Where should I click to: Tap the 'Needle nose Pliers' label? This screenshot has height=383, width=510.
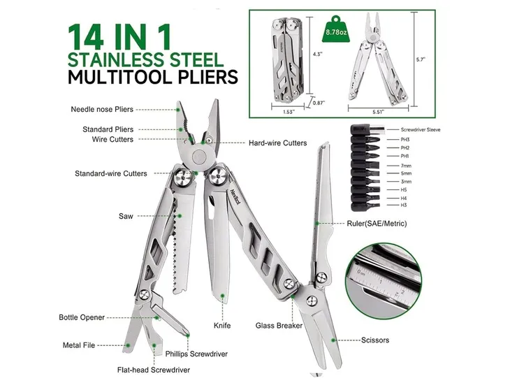coord(102,109)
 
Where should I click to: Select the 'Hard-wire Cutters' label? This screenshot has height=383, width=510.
coord(278,143)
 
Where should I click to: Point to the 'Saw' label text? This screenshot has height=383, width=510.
coord(126,216)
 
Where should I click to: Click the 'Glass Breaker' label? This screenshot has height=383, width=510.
coord(279,326)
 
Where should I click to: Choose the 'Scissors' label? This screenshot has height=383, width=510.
coord(375,340)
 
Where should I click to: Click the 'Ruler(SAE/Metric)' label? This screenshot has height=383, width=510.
coord(377,224)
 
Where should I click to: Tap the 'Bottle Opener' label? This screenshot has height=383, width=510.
coord(82,317)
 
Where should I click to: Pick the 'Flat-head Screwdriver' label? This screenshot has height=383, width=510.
coord(154,370)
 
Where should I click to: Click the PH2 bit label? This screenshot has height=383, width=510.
coord(405,147)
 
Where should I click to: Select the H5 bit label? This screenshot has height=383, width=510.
coord(403,189)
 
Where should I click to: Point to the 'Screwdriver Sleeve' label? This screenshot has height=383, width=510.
coord(421,129)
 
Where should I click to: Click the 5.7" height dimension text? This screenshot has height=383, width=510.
coord(421,59)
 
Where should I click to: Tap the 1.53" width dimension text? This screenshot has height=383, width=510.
coord(289,112)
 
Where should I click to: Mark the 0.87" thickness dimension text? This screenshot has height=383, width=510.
coord(319,103)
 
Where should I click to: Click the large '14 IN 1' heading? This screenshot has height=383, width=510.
coord(119,36)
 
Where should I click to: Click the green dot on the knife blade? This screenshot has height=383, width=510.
coord(222,296)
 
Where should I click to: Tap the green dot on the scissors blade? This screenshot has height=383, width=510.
coord(333,340)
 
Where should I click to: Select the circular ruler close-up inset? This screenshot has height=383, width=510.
coord(383,281)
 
